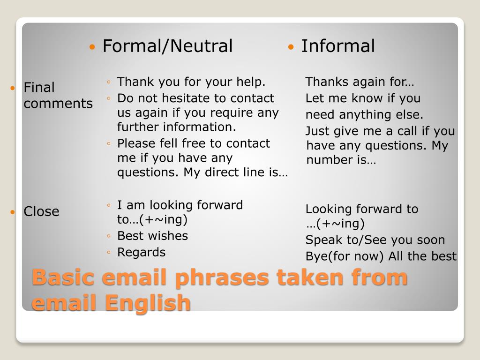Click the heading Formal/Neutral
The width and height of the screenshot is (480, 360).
click(x=167, y=46)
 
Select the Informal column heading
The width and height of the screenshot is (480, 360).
click(x=338, y=46)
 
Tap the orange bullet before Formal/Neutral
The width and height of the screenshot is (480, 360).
click(x=92, y=47)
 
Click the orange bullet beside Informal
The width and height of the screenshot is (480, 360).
click(x=291, y=47)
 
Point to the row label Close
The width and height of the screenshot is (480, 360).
click(x=41, y=211)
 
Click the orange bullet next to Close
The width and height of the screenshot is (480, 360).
click(x=13, y=212)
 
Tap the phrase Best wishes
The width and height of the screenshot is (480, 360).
click(x=152, y=236)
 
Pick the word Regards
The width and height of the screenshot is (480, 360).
click(x=141, y=253)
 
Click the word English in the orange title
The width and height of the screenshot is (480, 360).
click(x=148, y=303)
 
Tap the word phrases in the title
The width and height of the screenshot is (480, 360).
click(x=222, y=277)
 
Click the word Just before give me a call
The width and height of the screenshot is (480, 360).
click(x=318, y=131)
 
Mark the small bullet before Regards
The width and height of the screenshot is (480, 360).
click(x=109, y=253)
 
